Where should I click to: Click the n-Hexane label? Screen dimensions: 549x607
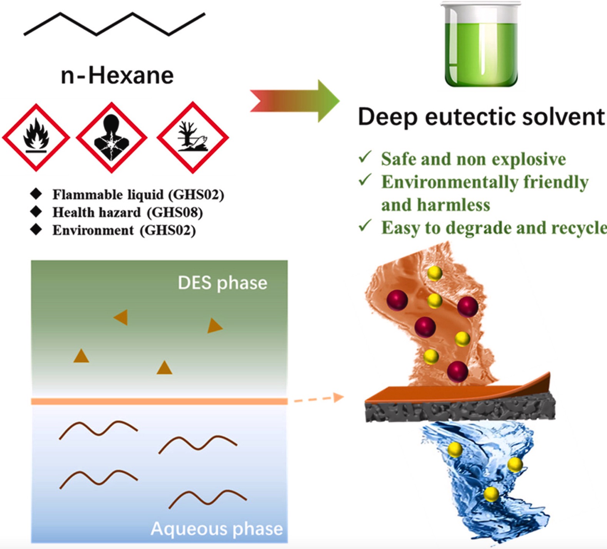(x=117, y=75)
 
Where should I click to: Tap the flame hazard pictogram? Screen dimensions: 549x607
(x=36, y=137)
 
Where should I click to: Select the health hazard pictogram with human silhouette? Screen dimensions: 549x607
(x=112, y=137)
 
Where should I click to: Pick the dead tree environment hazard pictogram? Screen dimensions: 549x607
(x=193, y=137)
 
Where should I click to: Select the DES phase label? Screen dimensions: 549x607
(x=222, y=283)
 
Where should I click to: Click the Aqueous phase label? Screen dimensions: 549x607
(x=217, y=529)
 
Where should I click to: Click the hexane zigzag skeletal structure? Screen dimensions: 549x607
(x=114, y=24)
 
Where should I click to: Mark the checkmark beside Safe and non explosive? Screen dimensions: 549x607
(x=365, y=157)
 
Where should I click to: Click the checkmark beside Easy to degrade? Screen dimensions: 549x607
(x=365, y=226)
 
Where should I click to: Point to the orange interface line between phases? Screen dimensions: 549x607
(x=159, y=402)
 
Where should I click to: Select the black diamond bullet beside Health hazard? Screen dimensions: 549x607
(x=36, y=211)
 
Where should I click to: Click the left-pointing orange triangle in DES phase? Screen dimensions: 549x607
(x=121, y=317)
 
